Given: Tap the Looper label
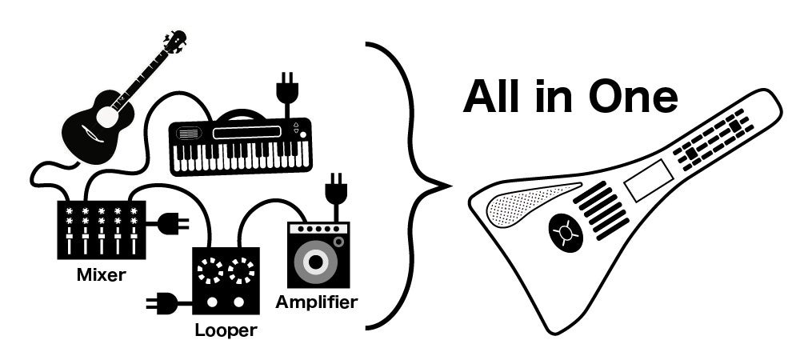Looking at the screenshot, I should point(226,330).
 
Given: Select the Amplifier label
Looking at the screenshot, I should point(316,302).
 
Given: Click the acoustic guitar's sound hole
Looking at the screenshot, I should point(106,118).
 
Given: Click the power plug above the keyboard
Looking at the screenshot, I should point(286,90).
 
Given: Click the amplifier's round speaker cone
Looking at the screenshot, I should point(318,261).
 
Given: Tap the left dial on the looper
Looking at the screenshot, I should point(210,272).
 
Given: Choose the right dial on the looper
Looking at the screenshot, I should point(240,272).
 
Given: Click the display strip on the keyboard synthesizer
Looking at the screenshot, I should point(248,132).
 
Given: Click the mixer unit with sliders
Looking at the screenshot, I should point(101,230).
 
